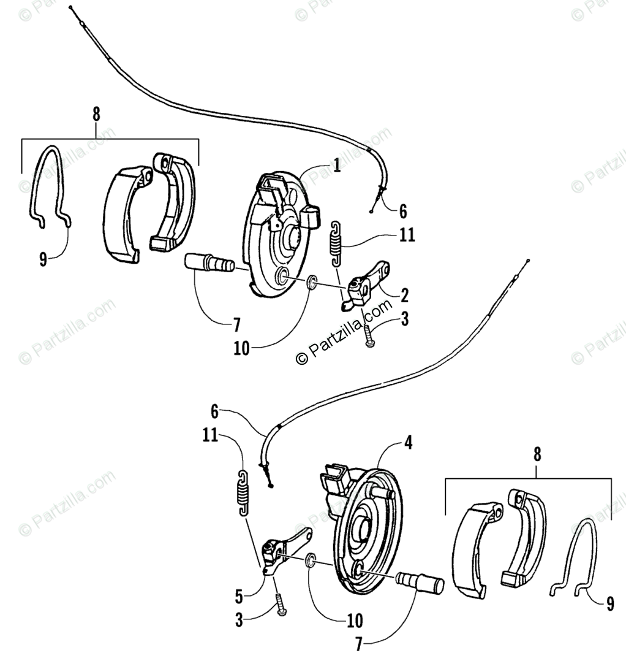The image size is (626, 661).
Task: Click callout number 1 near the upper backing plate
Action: [x=336, y=165]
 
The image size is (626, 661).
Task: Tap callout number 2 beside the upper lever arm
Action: [x=405, y=295]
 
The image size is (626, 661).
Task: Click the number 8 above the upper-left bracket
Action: [x=96, y=115]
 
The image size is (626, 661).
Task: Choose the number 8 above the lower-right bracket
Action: [x=537, y=454]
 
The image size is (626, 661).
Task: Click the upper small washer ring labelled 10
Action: [x=312, y=282]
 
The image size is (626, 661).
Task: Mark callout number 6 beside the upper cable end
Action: [x=402, y=212]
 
